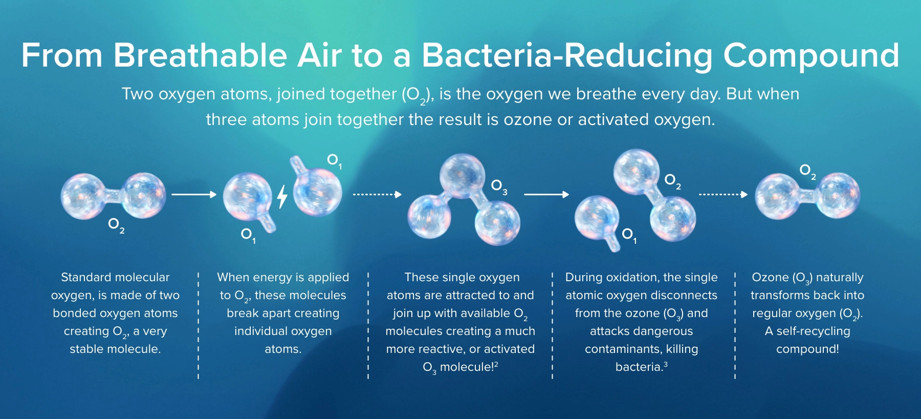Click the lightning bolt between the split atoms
[282, 197]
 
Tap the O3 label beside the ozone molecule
[499, 187]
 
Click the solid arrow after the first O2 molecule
[194, 195]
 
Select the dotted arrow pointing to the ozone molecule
[377, 195]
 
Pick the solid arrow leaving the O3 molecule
[546, 195]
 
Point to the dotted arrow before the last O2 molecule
[723, 195]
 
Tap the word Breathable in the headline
[200, 55]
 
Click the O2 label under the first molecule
[116, 225]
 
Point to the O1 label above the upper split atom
[334, 161]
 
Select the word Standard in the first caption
[84, 277]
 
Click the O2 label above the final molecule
[807, 171]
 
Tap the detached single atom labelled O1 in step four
[597, 218]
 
